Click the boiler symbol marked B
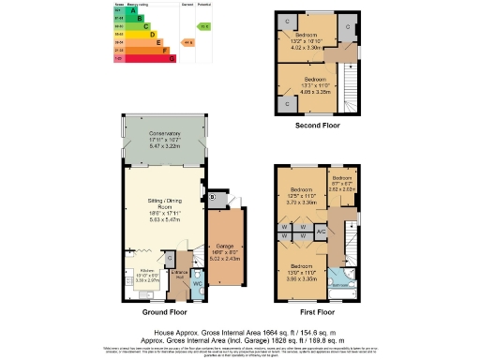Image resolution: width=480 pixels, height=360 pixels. tap(213, 197)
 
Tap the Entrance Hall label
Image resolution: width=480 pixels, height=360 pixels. tap(179, 273)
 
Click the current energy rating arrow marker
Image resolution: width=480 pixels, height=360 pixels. tap(188, 42)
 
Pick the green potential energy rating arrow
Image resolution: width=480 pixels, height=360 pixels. tap(205, 26)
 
